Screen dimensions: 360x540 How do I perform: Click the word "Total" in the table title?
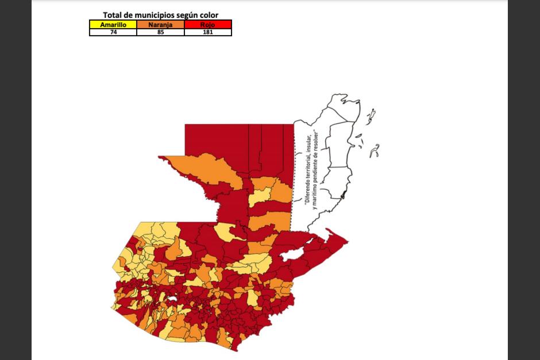pos(114,15)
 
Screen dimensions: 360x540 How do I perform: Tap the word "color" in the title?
pos(207,15)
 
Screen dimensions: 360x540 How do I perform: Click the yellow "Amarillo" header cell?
pos(113,25)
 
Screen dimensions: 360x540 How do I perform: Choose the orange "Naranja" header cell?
pos(160,25)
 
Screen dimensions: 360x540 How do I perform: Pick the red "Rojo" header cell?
pos(208,25)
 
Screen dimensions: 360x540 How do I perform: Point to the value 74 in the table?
pos(113,32)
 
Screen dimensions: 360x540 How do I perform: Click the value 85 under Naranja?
pos(160,32)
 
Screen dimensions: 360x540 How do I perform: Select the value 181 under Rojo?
pos(208,32)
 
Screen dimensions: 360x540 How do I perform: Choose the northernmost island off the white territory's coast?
pos(372,113)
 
